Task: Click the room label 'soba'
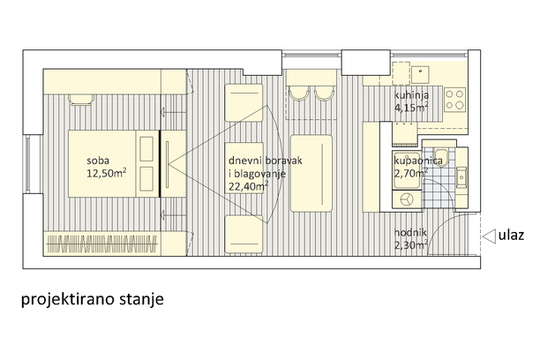(x=98, y=161)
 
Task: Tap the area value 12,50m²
(x=107, y=173)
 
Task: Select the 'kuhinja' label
(x=411, y=95)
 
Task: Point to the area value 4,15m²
(x=411, y=107)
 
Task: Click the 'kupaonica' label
(x=418, y=161)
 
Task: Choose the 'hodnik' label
(x=410, y=233)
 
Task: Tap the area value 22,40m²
(x=249, y=186)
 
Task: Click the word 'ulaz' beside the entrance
(x=511, y=236)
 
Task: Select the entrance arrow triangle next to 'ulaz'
(x=489, y=236)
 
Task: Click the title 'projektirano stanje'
(x=93, y=299)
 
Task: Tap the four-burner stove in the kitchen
(x=454, y=100)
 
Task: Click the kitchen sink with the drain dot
(x=420, y=75)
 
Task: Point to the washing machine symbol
(x=407, y=199)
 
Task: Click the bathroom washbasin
(x=461, y=177)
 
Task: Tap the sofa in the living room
(x=311, y=173)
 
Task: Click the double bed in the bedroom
(x=114, y=163)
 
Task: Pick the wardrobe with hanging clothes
(x=102, y=244)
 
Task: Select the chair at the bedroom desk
(x=81, y=99)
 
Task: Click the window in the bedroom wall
(x=28, y=164)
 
